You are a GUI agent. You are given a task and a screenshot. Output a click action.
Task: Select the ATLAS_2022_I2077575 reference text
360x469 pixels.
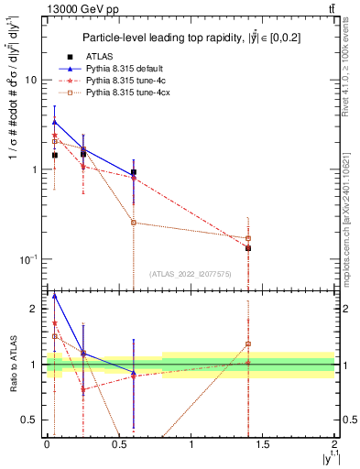[190, 273]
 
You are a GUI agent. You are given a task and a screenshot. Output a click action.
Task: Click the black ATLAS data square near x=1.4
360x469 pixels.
[248, 248]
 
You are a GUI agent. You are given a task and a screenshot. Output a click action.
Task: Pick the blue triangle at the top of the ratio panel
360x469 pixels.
[55, 296]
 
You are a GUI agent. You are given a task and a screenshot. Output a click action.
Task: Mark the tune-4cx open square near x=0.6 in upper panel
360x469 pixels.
[134, 223]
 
